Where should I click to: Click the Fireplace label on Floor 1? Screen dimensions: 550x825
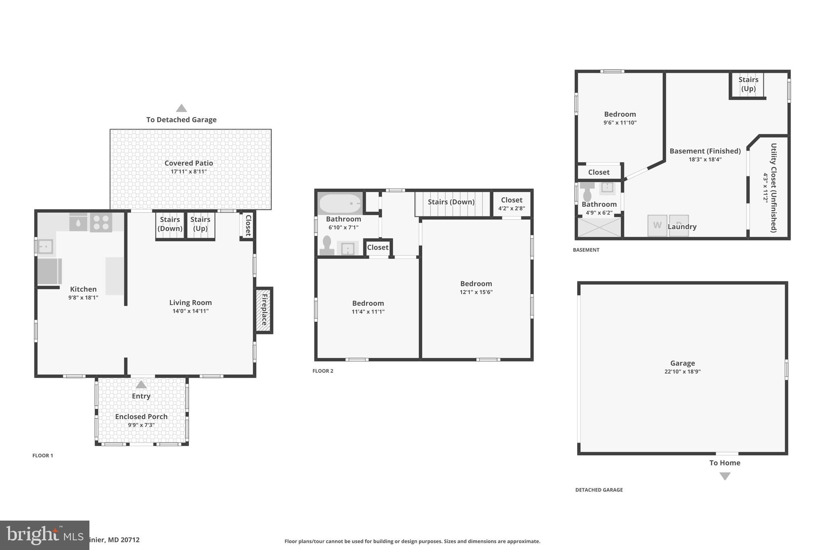point(264,310)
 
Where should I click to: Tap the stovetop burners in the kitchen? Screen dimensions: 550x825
point(101,223)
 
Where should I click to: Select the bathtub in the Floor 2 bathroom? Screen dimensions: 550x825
point(340,203)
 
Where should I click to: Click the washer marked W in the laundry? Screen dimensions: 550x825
point(657,226)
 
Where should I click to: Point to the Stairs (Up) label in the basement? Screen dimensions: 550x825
point(748,84)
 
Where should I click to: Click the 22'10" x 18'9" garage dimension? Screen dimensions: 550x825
point(682,372)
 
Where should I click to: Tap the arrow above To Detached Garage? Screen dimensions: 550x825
point(181,108)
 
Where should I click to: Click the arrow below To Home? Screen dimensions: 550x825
point(725,476)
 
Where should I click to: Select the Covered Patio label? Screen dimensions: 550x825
point(189,163)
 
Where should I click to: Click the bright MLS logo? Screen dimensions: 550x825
point(44,535)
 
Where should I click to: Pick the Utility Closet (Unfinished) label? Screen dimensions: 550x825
point(773,188)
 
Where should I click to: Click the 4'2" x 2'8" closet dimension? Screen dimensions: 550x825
point(511,208)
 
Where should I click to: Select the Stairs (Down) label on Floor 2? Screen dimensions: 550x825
point(451,202)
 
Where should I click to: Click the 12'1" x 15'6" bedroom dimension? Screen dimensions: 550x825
point(476,292)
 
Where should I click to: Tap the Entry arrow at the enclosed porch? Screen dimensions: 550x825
point(141,384)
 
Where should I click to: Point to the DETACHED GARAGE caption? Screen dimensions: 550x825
point(599,490)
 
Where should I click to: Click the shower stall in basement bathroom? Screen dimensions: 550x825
point(599,227)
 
